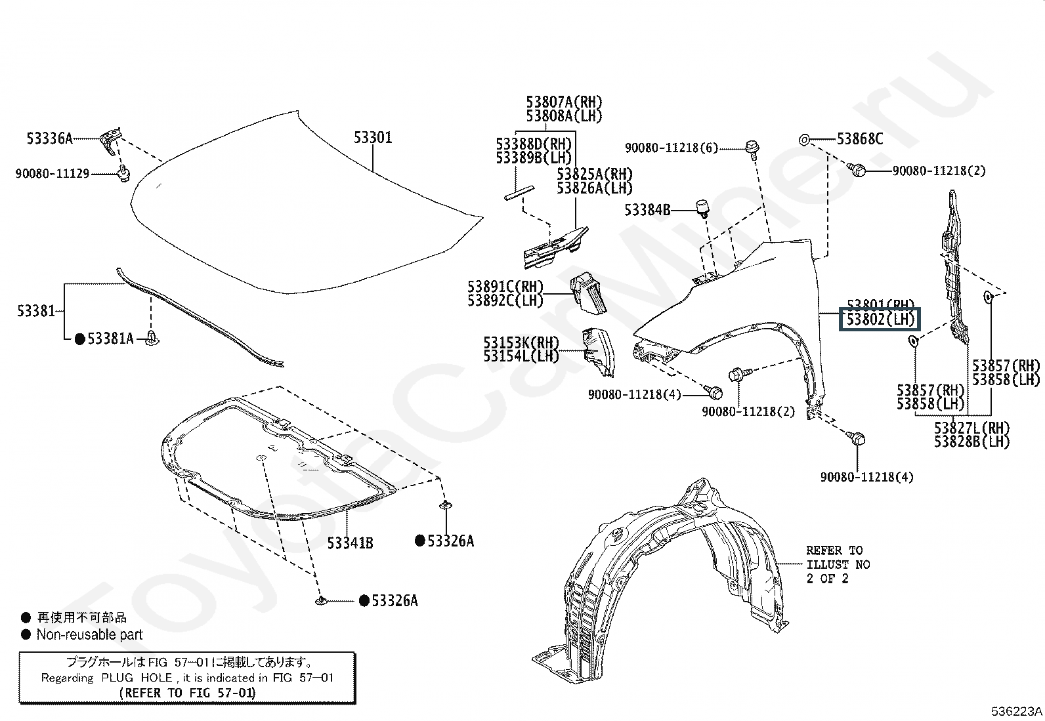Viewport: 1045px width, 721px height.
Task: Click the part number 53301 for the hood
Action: (373, 137)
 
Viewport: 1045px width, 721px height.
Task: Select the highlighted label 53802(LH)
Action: (880, 319)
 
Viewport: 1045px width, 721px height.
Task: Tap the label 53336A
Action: (49, 138)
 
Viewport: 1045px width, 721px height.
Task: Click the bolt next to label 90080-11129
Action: (123, 174)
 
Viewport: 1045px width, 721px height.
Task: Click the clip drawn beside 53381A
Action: (153, 339)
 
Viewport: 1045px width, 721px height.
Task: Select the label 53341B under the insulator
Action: (351, 543)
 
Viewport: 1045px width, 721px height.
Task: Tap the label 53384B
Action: (647, 210)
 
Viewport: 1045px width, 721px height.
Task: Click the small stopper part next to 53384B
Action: (703, 209)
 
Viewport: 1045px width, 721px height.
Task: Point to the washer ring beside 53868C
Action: (803, 139)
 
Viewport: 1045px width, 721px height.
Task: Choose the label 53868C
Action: (860, 138)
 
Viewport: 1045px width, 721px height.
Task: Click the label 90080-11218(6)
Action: (672, 148)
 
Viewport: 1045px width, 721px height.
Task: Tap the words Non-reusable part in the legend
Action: (89, 634)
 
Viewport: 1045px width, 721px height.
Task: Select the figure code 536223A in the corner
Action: (1017, 711)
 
